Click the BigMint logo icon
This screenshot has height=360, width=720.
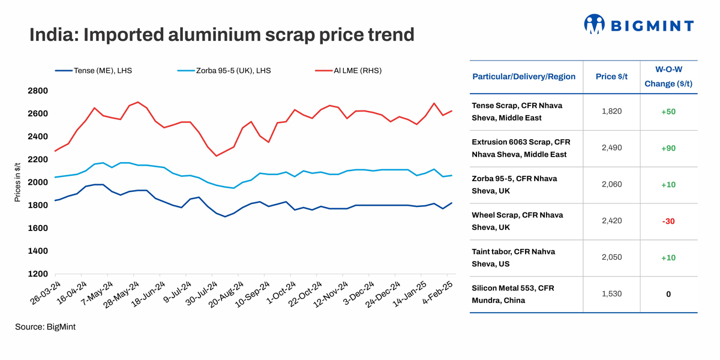pos(595,24)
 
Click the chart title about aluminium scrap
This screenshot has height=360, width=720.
pos(222,34)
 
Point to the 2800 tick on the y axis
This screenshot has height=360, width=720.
pos(38,91)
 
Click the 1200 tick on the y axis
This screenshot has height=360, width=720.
pos(38,274)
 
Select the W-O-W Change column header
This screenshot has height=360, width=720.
pos(668,77)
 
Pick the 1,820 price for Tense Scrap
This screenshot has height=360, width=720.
pos(611,112)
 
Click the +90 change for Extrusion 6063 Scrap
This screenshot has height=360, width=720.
pos(668,148)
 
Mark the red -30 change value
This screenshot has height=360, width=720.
pos(668,221)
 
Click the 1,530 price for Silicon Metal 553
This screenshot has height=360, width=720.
pos(611,294)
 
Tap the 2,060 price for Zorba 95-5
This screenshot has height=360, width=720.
pos(611,184)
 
